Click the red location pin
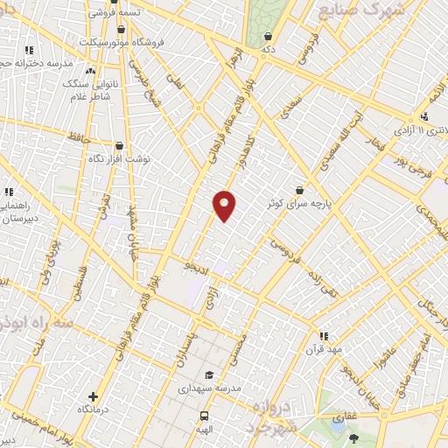pos(225,206)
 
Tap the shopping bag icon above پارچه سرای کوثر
pos(300,189)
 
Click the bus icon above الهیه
pos(204,416)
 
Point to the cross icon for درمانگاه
pos(94,397)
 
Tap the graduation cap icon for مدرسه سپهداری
pos(207,374)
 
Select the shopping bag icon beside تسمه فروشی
pos(92,13)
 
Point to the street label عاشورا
pos(384,355)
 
